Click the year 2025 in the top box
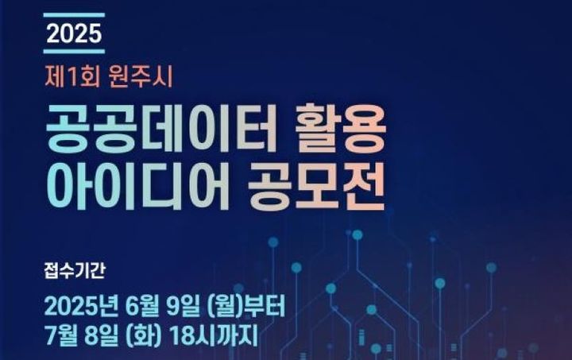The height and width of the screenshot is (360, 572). pyautogui.click(x=74, y=33)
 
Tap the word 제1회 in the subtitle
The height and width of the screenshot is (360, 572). pyautogui.click(x=66, y=78)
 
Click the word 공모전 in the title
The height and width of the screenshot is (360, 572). pyautogui.click(x=319, y=184)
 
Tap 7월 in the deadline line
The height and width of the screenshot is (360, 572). pyautogui.click(x=63, y=337)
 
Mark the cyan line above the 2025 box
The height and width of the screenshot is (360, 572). pyautogui.click(x=74, y=15)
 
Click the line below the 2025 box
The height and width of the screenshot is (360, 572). pyautogui.click(x=74, y=52)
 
